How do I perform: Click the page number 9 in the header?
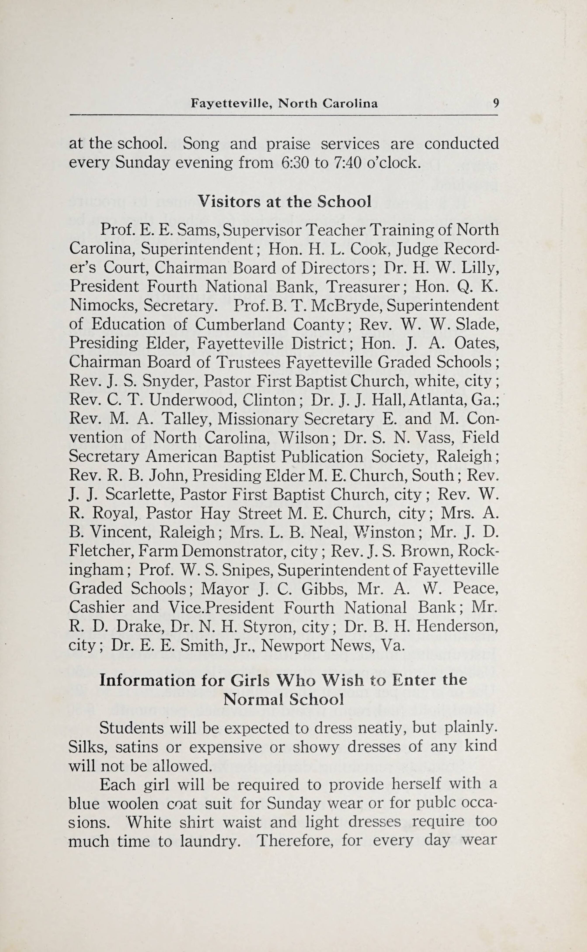(x=496, y=103)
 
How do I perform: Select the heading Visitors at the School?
(x=285, y=201)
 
